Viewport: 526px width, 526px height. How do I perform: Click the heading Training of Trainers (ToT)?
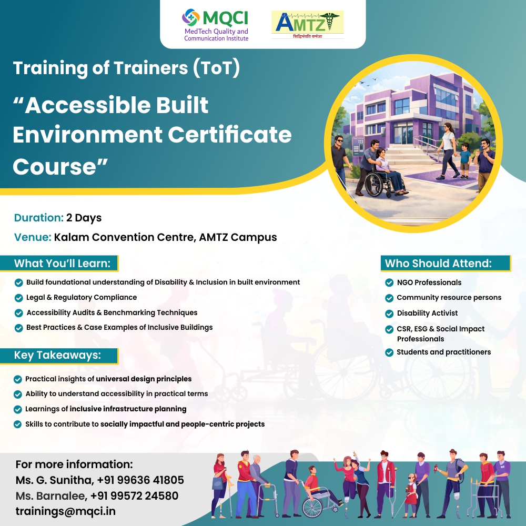(x=126, y=68)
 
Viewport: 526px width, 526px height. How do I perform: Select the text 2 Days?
(x=84, y=218)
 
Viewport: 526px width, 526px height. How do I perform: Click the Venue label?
(x=33, y=237)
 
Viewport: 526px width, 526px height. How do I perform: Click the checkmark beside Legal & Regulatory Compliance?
(x=19, y=298)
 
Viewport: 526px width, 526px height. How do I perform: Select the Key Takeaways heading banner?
(x=57, y=355)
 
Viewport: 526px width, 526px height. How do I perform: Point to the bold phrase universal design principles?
(x=144, y=379)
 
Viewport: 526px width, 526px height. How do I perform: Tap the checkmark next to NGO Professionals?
(x=389, y=283)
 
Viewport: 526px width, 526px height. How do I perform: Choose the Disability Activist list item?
(x=427, y=313)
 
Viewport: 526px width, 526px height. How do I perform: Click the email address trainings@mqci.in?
(x=66, y=511)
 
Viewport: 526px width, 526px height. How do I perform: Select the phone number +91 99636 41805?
(x=140, y=480)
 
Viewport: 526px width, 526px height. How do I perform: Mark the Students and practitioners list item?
(x=443, y=352)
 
